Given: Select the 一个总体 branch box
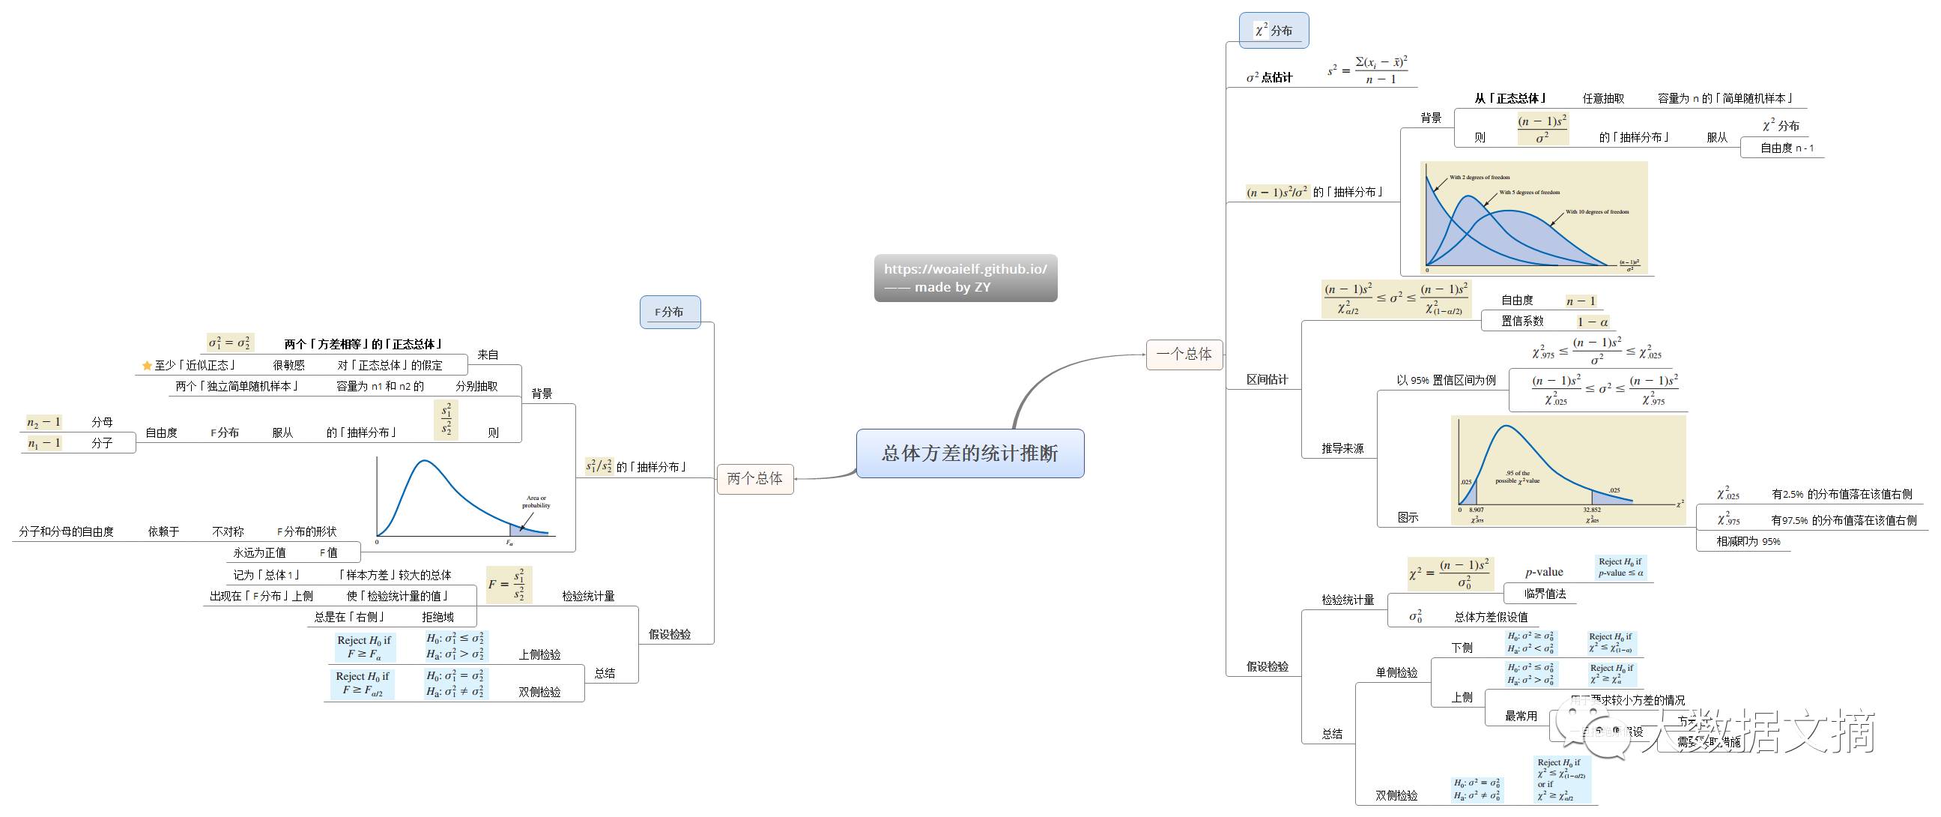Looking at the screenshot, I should (x=1184, y=355).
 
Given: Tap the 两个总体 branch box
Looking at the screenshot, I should (x=754, y=479).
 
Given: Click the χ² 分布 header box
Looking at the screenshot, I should (x=1274, y=30).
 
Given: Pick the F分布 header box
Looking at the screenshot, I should (x=669, y=312).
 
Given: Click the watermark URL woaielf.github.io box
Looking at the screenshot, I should (x=965, y=277).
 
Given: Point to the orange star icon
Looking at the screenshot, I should (x=147, y=366).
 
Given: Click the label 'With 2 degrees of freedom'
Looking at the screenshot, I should (x=1479, y=178).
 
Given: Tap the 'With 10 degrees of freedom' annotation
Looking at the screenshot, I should (x=1596, y=212).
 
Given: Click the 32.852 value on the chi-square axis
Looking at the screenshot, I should (x=1591, y=510).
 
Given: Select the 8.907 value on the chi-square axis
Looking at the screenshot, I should (x=1476, y=510).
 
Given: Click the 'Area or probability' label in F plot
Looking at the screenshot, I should (x=536, y=501).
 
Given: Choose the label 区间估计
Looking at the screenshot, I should (x=1267, y=380).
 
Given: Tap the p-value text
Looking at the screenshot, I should (x=1544, y=572).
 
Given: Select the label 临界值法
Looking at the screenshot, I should (x=1544, y=594).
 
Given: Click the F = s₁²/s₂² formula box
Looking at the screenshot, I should (x=509, y=585).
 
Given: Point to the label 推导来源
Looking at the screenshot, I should (x=1342, y=448).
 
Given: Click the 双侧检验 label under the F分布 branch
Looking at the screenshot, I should (x=539, y=692).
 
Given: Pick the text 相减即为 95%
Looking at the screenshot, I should (x=1748, y=541).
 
